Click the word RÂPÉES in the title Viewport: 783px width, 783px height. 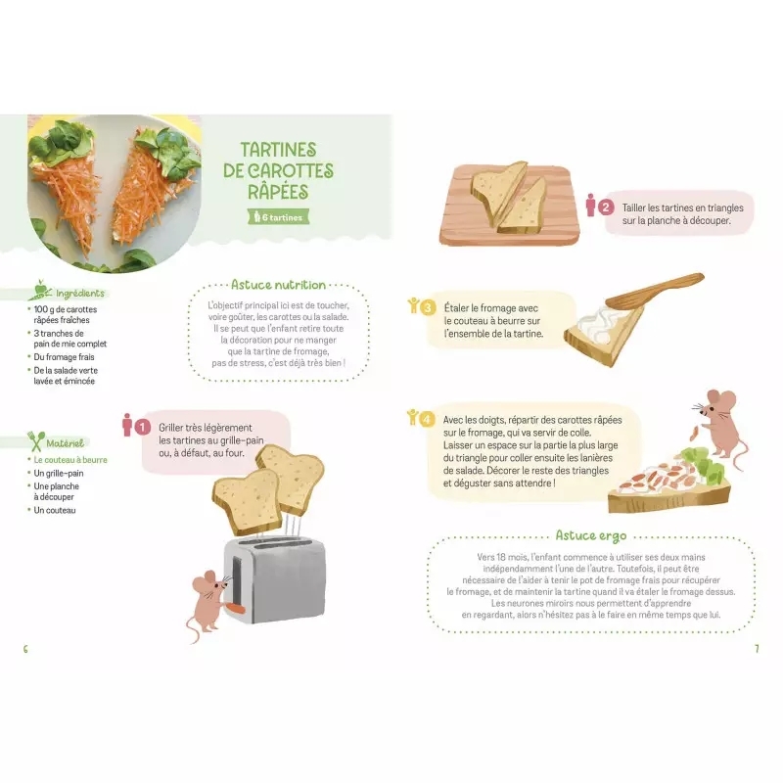click(x=278, y=192)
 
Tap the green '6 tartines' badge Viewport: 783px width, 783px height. click(x=279, y=217)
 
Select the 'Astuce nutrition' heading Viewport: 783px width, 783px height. click(x=278, y=285)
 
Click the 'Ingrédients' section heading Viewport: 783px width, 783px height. click(x=80, y=293)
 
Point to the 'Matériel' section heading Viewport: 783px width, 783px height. click(x=65, y=443)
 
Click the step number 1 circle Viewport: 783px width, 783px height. click(x=142, y=427)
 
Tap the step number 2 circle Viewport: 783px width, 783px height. click(x=606, y=207)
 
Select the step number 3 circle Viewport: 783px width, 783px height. click(x=428, y=307)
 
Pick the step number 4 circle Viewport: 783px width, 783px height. click(x=427, y=419)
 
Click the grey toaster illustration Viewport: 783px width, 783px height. click(x=274, y=579)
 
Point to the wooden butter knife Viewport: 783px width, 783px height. click(x=654, y=291)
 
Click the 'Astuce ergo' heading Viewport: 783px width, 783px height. click(x=591, y=535)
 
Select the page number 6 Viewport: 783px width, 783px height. click(x=25, y=649)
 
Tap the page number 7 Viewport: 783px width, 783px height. click(x=757, y=649)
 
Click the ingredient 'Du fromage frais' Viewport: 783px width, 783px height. click(x=64, y=357)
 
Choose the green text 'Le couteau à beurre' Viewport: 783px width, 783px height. click(x=70, y=460)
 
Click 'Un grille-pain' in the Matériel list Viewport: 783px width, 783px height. click(x=59, y=474)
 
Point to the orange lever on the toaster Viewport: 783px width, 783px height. click(x=235, y=608)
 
